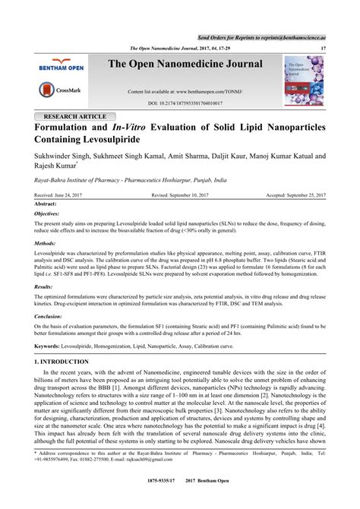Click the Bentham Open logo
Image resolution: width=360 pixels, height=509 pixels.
(61, 67)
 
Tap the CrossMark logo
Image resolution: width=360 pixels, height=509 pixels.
(61, 90)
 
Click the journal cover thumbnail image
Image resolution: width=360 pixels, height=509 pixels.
(304, 80)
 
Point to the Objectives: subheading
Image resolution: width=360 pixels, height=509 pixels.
(49, 215)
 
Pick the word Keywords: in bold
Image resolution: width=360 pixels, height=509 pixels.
(49, 346)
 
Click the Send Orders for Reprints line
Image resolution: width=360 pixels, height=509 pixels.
(261, 36)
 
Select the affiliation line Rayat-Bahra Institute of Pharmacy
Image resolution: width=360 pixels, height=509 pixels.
(131, 181)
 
